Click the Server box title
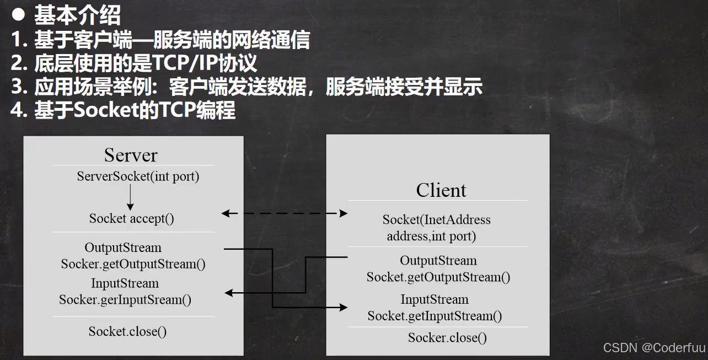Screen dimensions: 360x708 pos(131,155)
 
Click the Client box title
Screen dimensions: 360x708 pos(441,190)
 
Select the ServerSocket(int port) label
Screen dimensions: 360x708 pos(138,176)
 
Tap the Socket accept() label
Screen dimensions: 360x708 pos(131,218)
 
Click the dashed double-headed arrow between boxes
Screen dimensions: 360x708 pos(285,213)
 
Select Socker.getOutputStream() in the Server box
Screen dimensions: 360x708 pos(133,264)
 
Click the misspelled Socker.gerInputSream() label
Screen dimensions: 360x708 pos(125,300)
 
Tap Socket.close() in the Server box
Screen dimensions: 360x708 pos(127,331)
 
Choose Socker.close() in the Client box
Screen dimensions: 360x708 pos(447,337)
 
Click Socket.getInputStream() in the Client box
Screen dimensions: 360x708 pos(435,316)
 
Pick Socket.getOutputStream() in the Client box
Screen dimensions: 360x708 pos(438,277)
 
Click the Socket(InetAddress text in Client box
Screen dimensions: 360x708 pos(436,220)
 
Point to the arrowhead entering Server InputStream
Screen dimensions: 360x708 pos(229,293)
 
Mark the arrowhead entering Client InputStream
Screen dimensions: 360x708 pos(344,308)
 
